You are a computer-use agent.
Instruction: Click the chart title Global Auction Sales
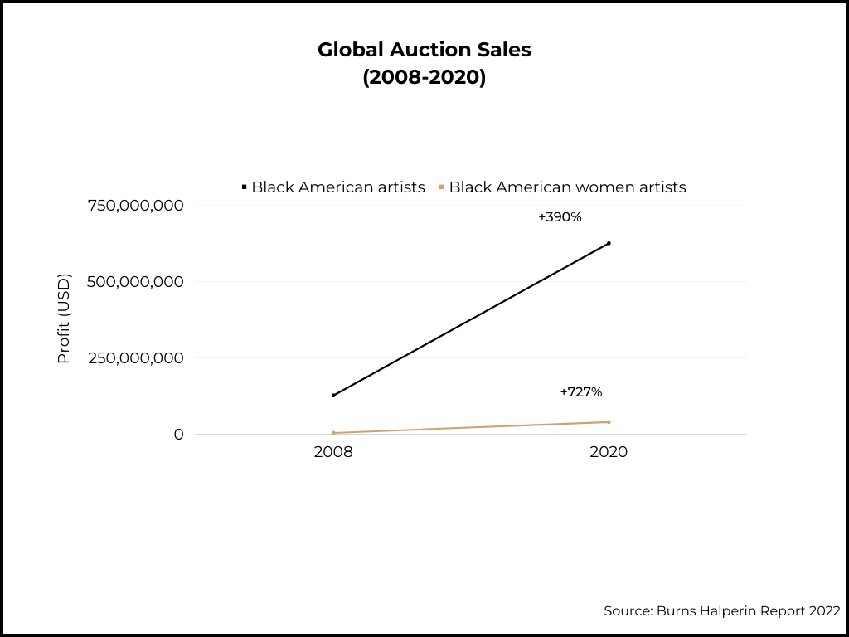click(424, 50)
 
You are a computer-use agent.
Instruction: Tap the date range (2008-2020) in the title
click(424, 78)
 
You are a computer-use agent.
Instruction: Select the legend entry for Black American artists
click(337, 187)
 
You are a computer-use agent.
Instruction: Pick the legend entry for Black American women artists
click(567, 187)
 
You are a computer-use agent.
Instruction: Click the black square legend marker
click(245, 187)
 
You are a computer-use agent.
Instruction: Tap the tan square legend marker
click(442, 187)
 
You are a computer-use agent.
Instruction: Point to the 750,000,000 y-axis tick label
click(136, 206)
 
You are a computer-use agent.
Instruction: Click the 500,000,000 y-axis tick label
click(136, 282)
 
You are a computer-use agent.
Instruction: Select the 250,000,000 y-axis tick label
click(136, 358)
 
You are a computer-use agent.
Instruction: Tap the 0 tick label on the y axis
click(178, 435)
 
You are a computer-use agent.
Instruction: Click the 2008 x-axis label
click(333, 453)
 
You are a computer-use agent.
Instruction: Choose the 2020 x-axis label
click(609, 453)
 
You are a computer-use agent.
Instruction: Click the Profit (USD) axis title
click(64, 318)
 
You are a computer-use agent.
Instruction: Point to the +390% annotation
click(560, 217)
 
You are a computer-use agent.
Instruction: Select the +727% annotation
click(580, 391)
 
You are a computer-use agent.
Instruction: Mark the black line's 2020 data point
click(609, 243)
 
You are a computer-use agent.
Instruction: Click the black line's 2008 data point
click(333, 396)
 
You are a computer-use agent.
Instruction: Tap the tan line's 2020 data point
click(609, 422)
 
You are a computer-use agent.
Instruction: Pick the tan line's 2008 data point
click(333, 433)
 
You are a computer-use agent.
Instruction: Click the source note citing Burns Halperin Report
click(721, 611)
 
